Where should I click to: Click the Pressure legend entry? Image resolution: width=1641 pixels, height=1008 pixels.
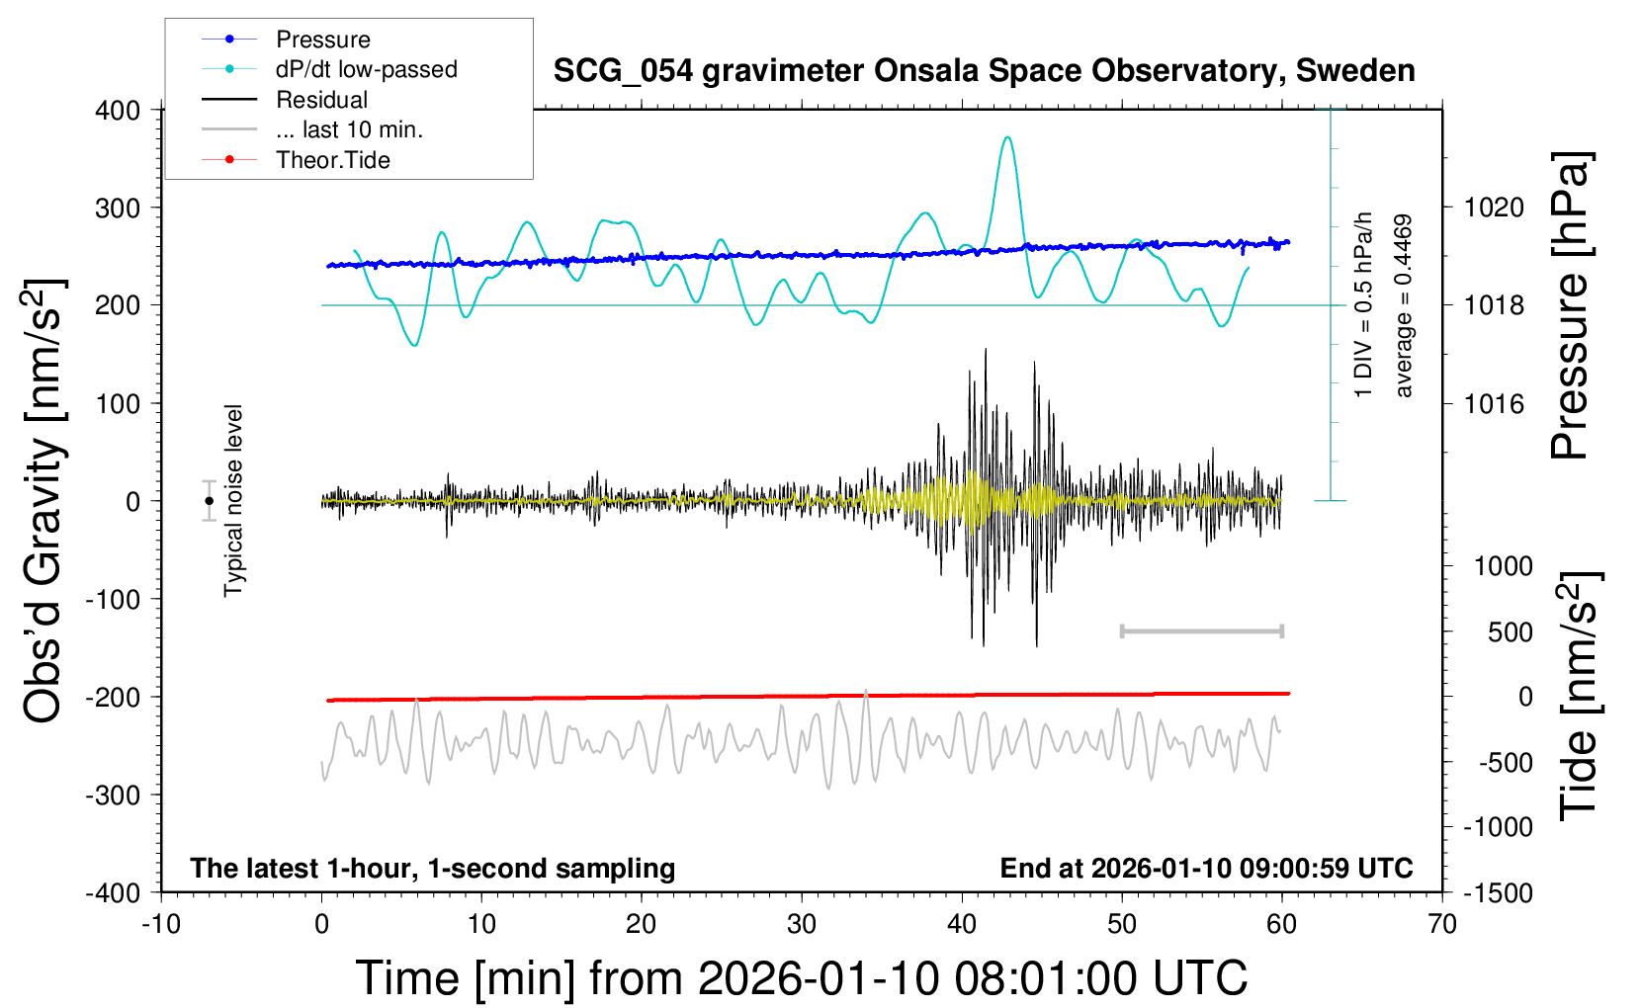tap(322, 40)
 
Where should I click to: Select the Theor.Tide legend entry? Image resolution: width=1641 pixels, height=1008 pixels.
tap(332, 160)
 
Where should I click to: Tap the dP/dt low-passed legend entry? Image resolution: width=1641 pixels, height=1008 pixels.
tap(366, 69)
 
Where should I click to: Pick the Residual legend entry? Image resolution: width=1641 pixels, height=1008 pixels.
tap(321, 100)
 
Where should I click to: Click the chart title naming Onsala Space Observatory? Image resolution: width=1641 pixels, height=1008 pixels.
tap(984, 71)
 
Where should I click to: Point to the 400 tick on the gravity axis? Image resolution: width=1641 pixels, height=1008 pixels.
tap(119, 110)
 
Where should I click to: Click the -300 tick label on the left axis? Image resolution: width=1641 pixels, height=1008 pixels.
tap(114, 795)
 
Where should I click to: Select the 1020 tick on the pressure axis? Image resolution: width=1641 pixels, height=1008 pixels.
tap(1494, 208)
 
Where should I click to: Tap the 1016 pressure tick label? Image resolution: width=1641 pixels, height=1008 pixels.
tap(1494, 403)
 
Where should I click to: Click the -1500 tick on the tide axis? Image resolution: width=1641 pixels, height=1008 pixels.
tap(1499, 892)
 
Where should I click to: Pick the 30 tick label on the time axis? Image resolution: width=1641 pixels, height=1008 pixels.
tap(802, 924)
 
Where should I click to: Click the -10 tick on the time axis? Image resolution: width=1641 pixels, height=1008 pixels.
tap(161, 924)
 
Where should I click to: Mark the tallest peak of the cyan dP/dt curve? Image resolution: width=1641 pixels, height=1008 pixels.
tap(1007, 137)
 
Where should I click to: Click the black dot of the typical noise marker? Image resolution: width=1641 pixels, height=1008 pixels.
tap(210, 501)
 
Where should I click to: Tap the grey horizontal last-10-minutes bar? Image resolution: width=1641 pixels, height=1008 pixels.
tap(1201, 630)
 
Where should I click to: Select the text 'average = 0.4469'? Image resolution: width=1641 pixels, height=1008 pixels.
tap(1403, 306)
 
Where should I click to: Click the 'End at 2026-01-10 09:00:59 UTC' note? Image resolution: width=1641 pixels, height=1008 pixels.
tap(1206, 868)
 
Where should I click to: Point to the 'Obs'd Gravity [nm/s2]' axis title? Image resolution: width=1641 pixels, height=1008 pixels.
tap(44, 501)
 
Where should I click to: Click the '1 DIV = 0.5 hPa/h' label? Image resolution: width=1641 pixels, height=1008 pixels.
tap(1364, 304)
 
